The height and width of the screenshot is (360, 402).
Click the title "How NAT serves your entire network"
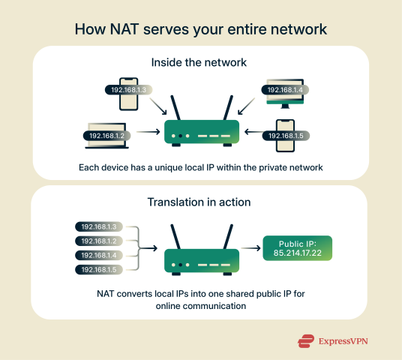(x=201, y=29)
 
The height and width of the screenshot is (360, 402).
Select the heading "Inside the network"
(x=201, y=64)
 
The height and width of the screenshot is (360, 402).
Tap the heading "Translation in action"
(x=201, y=203)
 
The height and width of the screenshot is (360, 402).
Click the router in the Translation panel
(x=201, y=255)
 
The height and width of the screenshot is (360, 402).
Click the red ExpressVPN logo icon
(x=304, y=341)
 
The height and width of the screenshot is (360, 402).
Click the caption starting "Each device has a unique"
(x=201, y=167)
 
